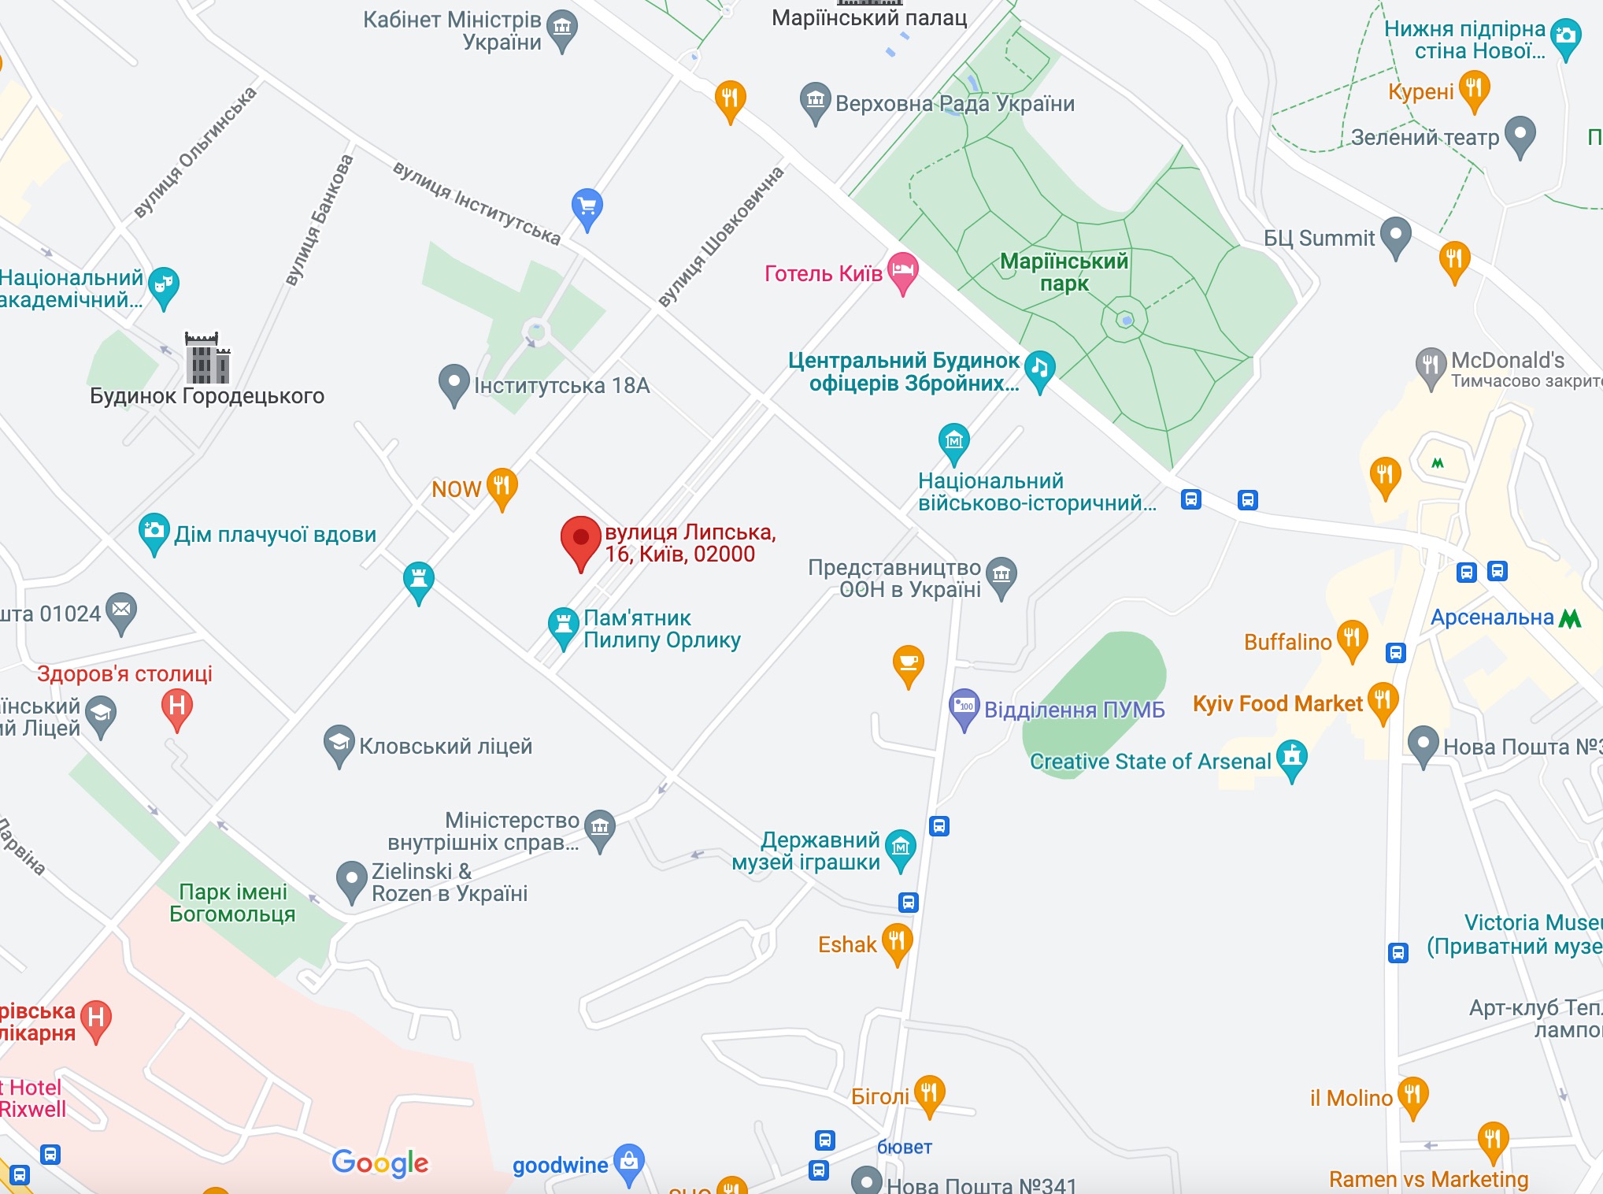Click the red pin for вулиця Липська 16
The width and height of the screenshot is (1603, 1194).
pyautogui.click(x=581, y=540)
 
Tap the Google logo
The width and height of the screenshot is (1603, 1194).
pyautogui.click(x=380, y=1162)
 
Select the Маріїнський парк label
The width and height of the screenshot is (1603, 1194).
pyautogui.click(x=1064, y=272)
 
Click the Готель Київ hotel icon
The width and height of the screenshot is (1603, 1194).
pyautogui.click(x=903, y=271)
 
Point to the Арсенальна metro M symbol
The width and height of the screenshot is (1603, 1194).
pyautogui.click(x=1570, y=618)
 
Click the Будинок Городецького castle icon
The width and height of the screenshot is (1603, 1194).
pyautogui.click(x=207, y=358)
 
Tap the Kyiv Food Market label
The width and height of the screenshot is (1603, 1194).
pyautogui.click(x=1277, y=703)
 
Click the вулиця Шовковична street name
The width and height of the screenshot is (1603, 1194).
pyautogui.click(x=720, y=236)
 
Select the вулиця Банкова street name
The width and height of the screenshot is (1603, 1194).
pyautogui.click(x=319, y=220)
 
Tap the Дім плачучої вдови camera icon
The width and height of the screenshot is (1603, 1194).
pyautogui.click(x=154, y=531)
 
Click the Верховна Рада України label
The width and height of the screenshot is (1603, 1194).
pyautogui.click(x=954, y=103)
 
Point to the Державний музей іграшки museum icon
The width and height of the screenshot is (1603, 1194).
pyautogui.click(x=901, y=847)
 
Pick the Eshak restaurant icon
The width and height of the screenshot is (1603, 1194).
pyautogui.click(x=897, y=941)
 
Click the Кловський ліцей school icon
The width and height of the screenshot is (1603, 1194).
pyautogui.click(x=339, y=743)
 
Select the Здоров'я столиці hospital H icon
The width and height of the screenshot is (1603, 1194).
pyautogui.click(x=177, y=706)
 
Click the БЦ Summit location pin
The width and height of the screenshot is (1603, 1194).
pyautogui.click(x=1396, y=235)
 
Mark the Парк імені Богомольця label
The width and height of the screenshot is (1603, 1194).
pyautogui.click(x=232, y=903)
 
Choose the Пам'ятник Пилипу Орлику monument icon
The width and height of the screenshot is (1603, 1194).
pyautogui.click(x=563, y=625)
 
